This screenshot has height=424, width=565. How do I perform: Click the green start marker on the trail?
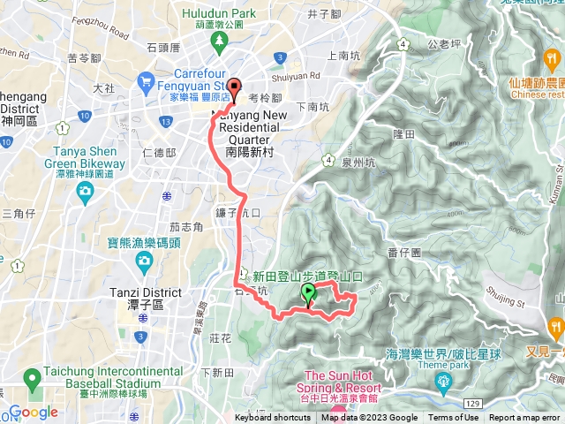[x=308, y=293]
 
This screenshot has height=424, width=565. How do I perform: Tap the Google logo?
[x=34, y=412]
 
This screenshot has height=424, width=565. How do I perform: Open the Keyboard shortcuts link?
[x=273, y=418]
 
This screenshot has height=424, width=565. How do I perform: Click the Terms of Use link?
[x=454, y=418]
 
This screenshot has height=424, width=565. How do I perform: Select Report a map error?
[x=525, y=418]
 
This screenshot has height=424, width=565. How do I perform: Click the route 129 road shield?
[x=472, y=403]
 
